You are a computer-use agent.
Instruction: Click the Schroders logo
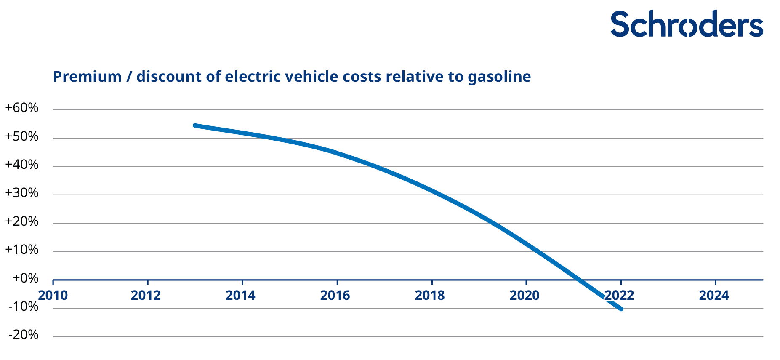click(x=686, y=24)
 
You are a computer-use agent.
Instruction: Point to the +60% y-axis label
click(x=21, y=108)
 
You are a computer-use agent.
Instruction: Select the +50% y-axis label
click(x=21, y=137)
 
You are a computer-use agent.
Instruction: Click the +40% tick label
click(x=21, y=165)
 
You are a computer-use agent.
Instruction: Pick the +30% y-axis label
click(x=21, y=193)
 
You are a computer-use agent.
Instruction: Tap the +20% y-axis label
click(x=21, y=222)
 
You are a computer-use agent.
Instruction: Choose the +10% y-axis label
click(x=21, y=250)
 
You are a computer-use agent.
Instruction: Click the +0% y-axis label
click(x=25, y=278)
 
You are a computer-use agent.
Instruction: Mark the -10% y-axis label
click(x=23, y=307)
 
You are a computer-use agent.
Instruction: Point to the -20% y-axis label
click(x=23, y=335)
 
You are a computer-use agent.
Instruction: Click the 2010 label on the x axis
click(x=53, y=296)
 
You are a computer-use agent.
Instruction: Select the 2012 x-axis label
click(x=146, y=296)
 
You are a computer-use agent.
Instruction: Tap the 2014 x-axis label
click(x=240, y=296)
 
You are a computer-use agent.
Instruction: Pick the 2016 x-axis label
click(x=335, y=296)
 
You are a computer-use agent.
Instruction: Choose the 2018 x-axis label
click(x=430, y=296)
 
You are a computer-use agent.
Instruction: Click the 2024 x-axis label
click(x=714, y=296)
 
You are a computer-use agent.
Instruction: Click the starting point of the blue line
click(x=195, y=125)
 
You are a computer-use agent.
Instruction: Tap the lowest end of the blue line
click(x=621, y=309)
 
